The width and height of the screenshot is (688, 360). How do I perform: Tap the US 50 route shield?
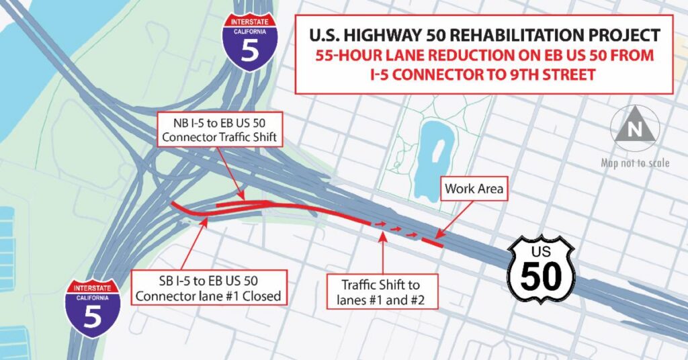point(541,269)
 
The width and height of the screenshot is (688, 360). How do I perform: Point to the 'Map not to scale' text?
point(635,163)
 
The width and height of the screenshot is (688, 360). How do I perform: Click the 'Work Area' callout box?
point(474,189)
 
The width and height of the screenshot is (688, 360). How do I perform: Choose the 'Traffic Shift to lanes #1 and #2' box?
point(382,291)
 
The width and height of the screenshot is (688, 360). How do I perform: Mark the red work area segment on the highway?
point(431,242)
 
